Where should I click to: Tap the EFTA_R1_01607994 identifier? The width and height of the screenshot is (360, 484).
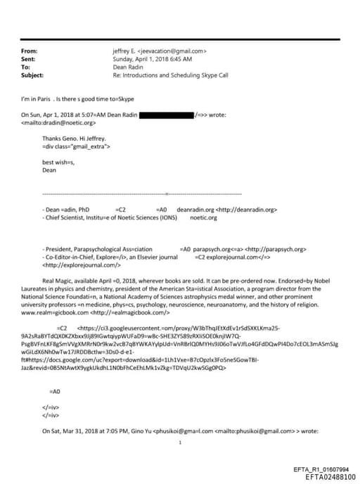point(321,469)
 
